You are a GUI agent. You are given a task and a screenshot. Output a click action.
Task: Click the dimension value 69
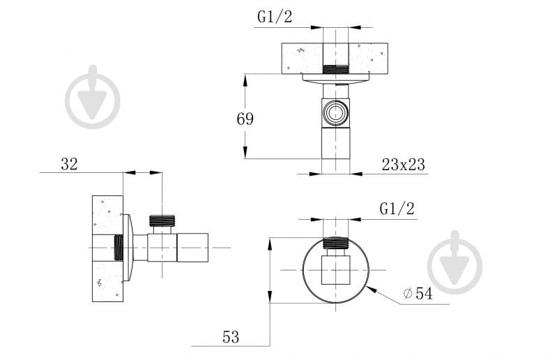pos(245,119)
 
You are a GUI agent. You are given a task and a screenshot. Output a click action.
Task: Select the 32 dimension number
pos(69,164)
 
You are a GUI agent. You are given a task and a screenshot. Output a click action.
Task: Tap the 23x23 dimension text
pos(403,165)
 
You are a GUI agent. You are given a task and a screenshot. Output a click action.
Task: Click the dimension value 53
pos(231,338)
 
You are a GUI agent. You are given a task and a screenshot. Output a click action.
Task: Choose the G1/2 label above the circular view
pos(397,209)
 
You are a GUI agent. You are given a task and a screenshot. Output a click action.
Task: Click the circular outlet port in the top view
pos(336,112)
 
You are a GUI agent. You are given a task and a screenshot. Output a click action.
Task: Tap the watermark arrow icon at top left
pos(93,97)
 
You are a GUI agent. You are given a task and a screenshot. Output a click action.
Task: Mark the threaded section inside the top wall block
pos(336,69)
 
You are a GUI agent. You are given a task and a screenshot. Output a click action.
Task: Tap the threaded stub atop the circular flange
pos(336,243)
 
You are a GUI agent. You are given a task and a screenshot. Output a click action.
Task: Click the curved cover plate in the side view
pos(127,248)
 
